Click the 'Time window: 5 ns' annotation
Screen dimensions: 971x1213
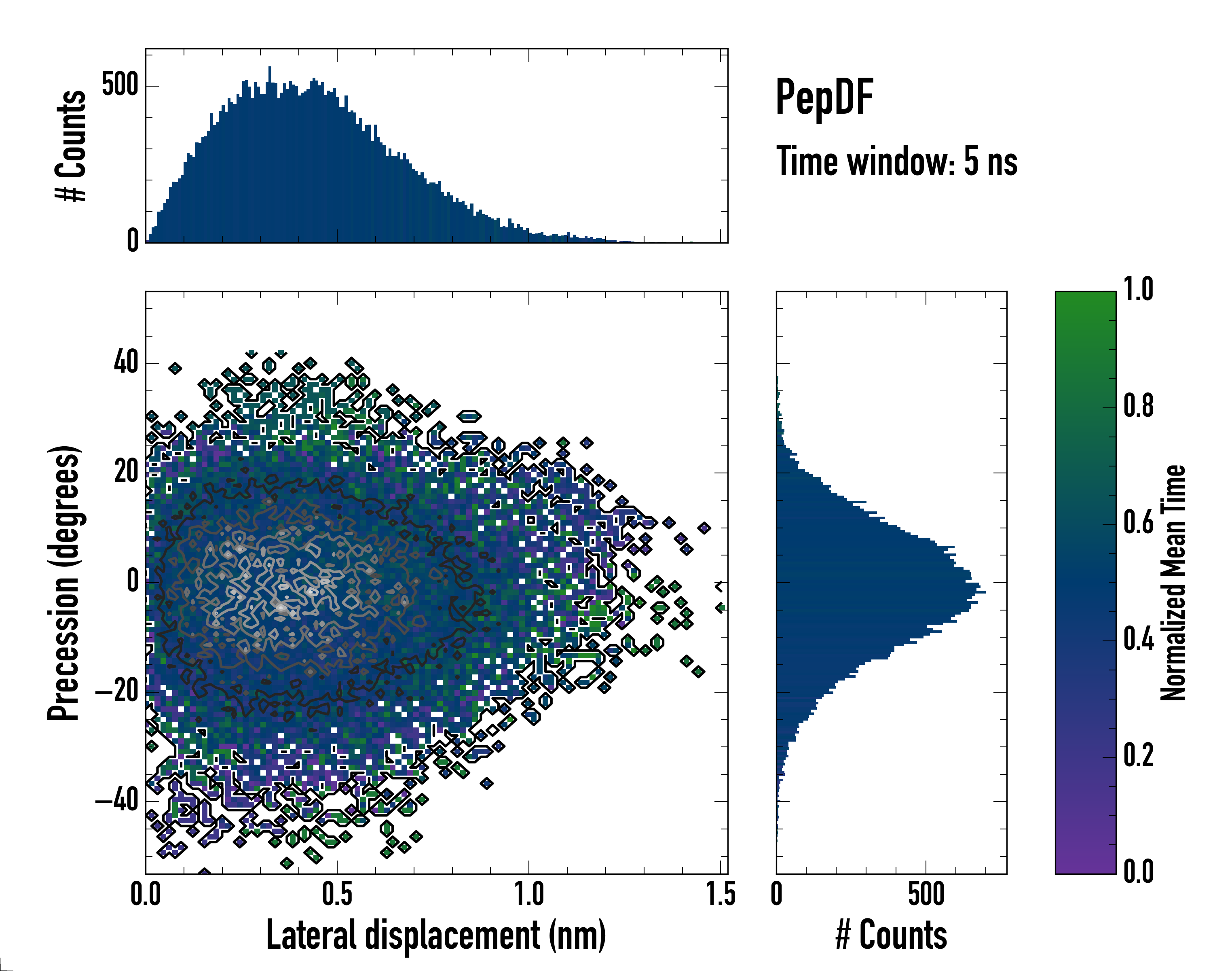[897, 161]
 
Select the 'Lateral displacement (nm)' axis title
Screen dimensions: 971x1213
[436, 935]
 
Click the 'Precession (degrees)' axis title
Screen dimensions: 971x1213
[63, 583]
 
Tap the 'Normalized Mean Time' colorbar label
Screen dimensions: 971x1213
[1173, 583]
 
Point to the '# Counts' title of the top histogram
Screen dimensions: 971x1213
[71, 146]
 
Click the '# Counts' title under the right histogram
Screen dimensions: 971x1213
[891, 935]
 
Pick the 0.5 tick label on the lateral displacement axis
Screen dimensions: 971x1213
[337, 895]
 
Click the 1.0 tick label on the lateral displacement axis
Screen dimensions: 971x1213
[529, 895]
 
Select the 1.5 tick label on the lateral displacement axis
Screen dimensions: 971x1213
[720, 895]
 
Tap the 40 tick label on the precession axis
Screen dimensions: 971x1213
[126, 363]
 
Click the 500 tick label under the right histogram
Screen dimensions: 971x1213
[926, 895]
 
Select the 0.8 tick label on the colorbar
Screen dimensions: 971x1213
[1138, 407]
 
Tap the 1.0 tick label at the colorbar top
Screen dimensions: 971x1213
[1138, 290]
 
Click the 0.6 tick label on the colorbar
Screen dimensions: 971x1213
[1138, 523]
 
